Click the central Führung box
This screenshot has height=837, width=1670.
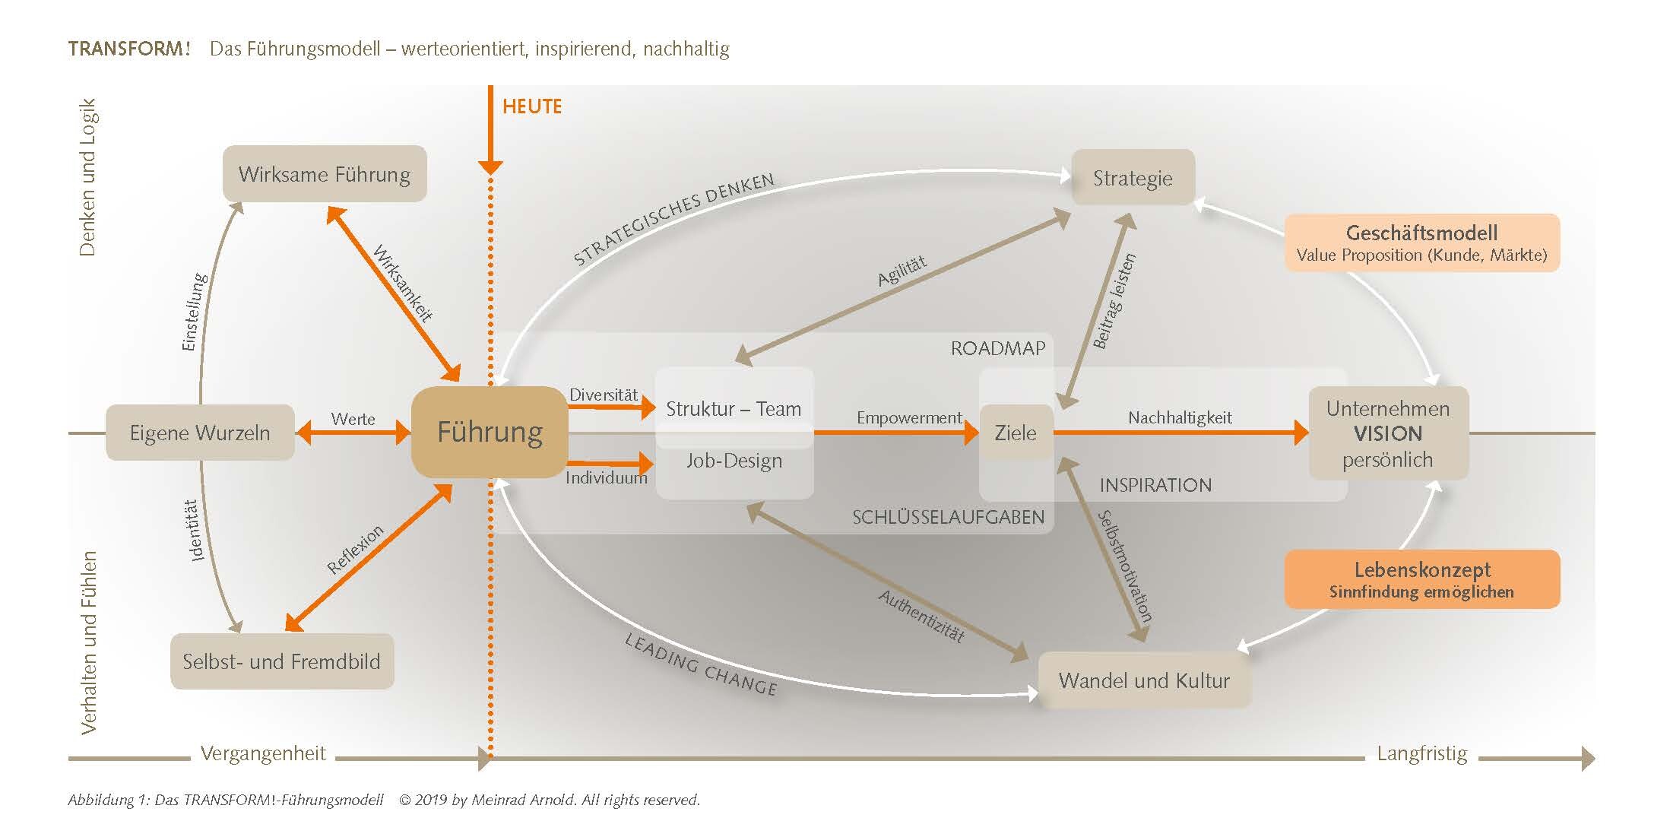click(490, 432)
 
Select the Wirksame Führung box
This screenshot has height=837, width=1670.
click(325, 174)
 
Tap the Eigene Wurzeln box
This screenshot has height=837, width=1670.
click(200, 433)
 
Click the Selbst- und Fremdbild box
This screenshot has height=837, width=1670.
click(281, 661)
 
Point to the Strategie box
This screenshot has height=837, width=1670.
click(1133, 178)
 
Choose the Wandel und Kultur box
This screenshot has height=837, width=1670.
click(1144, 680)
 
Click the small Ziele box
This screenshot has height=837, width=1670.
click(1016, 433)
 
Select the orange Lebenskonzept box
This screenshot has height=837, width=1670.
click(1422, 579)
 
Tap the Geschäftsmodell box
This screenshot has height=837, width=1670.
click(1422, 243)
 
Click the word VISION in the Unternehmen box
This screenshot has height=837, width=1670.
click(1388, 433)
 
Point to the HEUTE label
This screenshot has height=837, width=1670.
click(532, 106)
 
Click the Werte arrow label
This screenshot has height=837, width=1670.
click(353, 419)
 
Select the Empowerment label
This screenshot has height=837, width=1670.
click(909, 417)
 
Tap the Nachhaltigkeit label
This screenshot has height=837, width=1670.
click(1180, 417)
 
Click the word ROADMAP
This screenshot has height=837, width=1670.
click(998, 348)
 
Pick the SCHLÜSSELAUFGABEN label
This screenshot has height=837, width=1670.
click(948, 517)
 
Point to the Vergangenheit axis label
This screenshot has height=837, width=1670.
click(263, 753)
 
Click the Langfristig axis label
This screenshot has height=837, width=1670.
click(1422, 753)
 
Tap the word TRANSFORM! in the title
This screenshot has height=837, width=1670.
click(128, 49)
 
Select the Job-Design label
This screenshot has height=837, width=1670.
click(734, 461)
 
